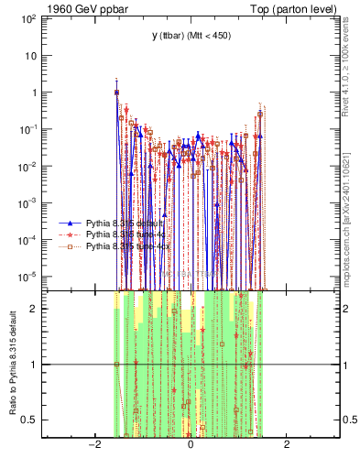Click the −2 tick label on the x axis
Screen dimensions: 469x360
[x=93, y=445]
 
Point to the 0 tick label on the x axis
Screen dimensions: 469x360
[x=191, y=445]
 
